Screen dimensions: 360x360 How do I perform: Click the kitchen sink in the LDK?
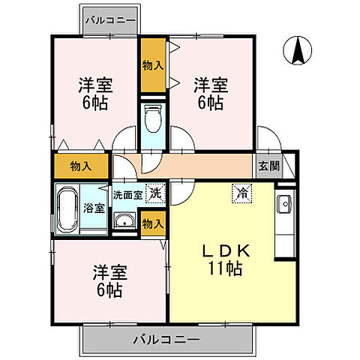[284, 205]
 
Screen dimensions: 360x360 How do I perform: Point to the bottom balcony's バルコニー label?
[166, 339]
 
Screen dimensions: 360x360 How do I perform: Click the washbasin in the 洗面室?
[124, 220]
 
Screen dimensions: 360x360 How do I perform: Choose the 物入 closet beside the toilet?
[152, 65]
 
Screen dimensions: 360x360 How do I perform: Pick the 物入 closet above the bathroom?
[80, 165]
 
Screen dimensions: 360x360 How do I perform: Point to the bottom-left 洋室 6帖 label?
[107, 279]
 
